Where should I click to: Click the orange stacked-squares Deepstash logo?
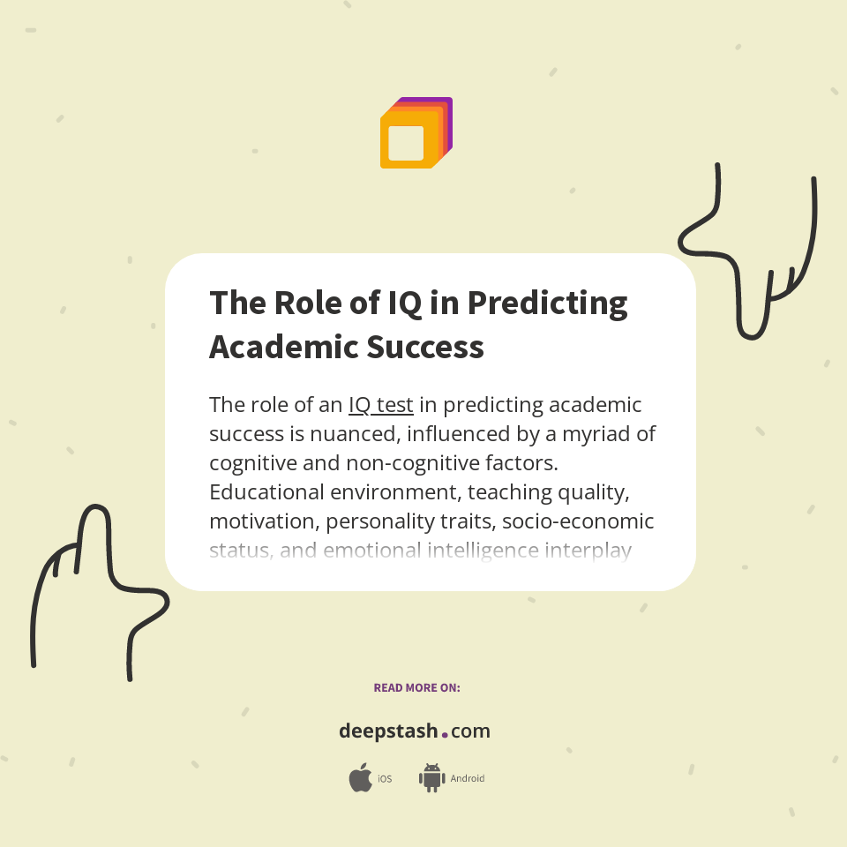416,133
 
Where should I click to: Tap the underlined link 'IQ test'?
380,405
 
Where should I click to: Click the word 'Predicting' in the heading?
547,303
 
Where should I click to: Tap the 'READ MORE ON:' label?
416,687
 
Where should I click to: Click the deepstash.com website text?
415,731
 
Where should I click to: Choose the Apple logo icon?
360,778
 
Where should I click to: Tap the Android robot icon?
431,778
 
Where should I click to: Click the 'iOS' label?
385,779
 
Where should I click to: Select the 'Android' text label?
467,779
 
